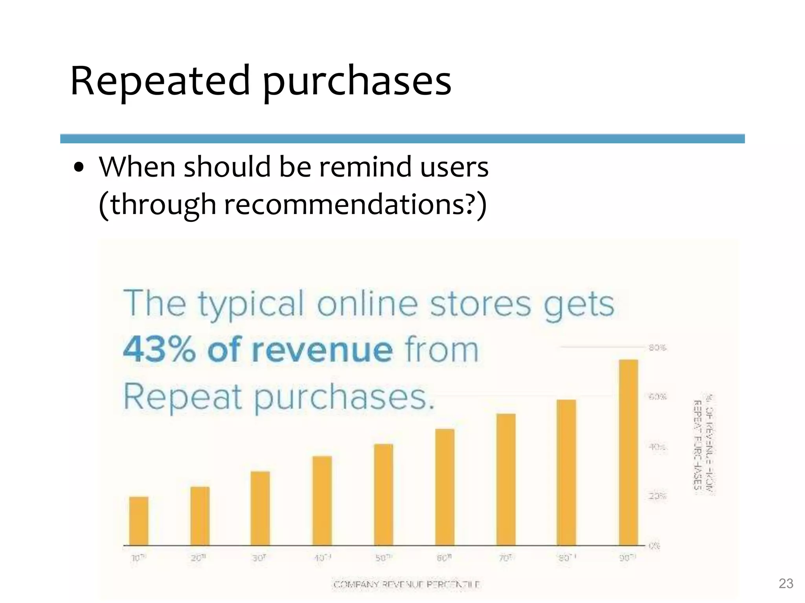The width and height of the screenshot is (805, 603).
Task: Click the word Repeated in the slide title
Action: (160, 80)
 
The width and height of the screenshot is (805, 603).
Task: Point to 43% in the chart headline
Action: (159, 349)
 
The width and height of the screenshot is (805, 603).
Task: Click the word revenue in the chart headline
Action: (300, 349)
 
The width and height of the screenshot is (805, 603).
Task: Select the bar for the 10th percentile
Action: (139, 521)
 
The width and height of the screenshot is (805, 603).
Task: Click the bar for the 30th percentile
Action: (260, 508)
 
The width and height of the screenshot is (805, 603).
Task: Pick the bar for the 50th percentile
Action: (383, 495)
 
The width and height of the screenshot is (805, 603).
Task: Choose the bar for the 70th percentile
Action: (506, 479)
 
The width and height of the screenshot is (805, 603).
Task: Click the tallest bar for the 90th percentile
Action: (628, 452)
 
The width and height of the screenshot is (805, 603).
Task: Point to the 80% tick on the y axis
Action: (657, 347)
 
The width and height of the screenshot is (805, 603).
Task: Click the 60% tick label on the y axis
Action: (657, 397)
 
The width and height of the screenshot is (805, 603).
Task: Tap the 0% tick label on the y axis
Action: (654, 545)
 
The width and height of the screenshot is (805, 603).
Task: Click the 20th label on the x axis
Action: (198, 558)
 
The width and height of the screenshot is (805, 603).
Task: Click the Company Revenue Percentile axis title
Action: (406, 585)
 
